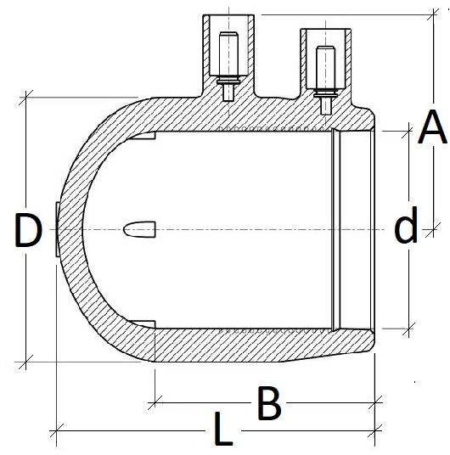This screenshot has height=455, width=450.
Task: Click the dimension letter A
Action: (x=431, y=129)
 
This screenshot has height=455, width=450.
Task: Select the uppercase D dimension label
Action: (x=28, y=232)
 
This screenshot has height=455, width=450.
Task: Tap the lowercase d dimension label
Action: (x=407, y=227)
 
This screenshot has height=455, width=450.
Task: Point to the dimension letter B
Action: (x=268, y=405)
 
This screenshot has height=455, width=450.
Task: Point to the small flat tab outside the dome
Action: (x=55, y=230)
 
